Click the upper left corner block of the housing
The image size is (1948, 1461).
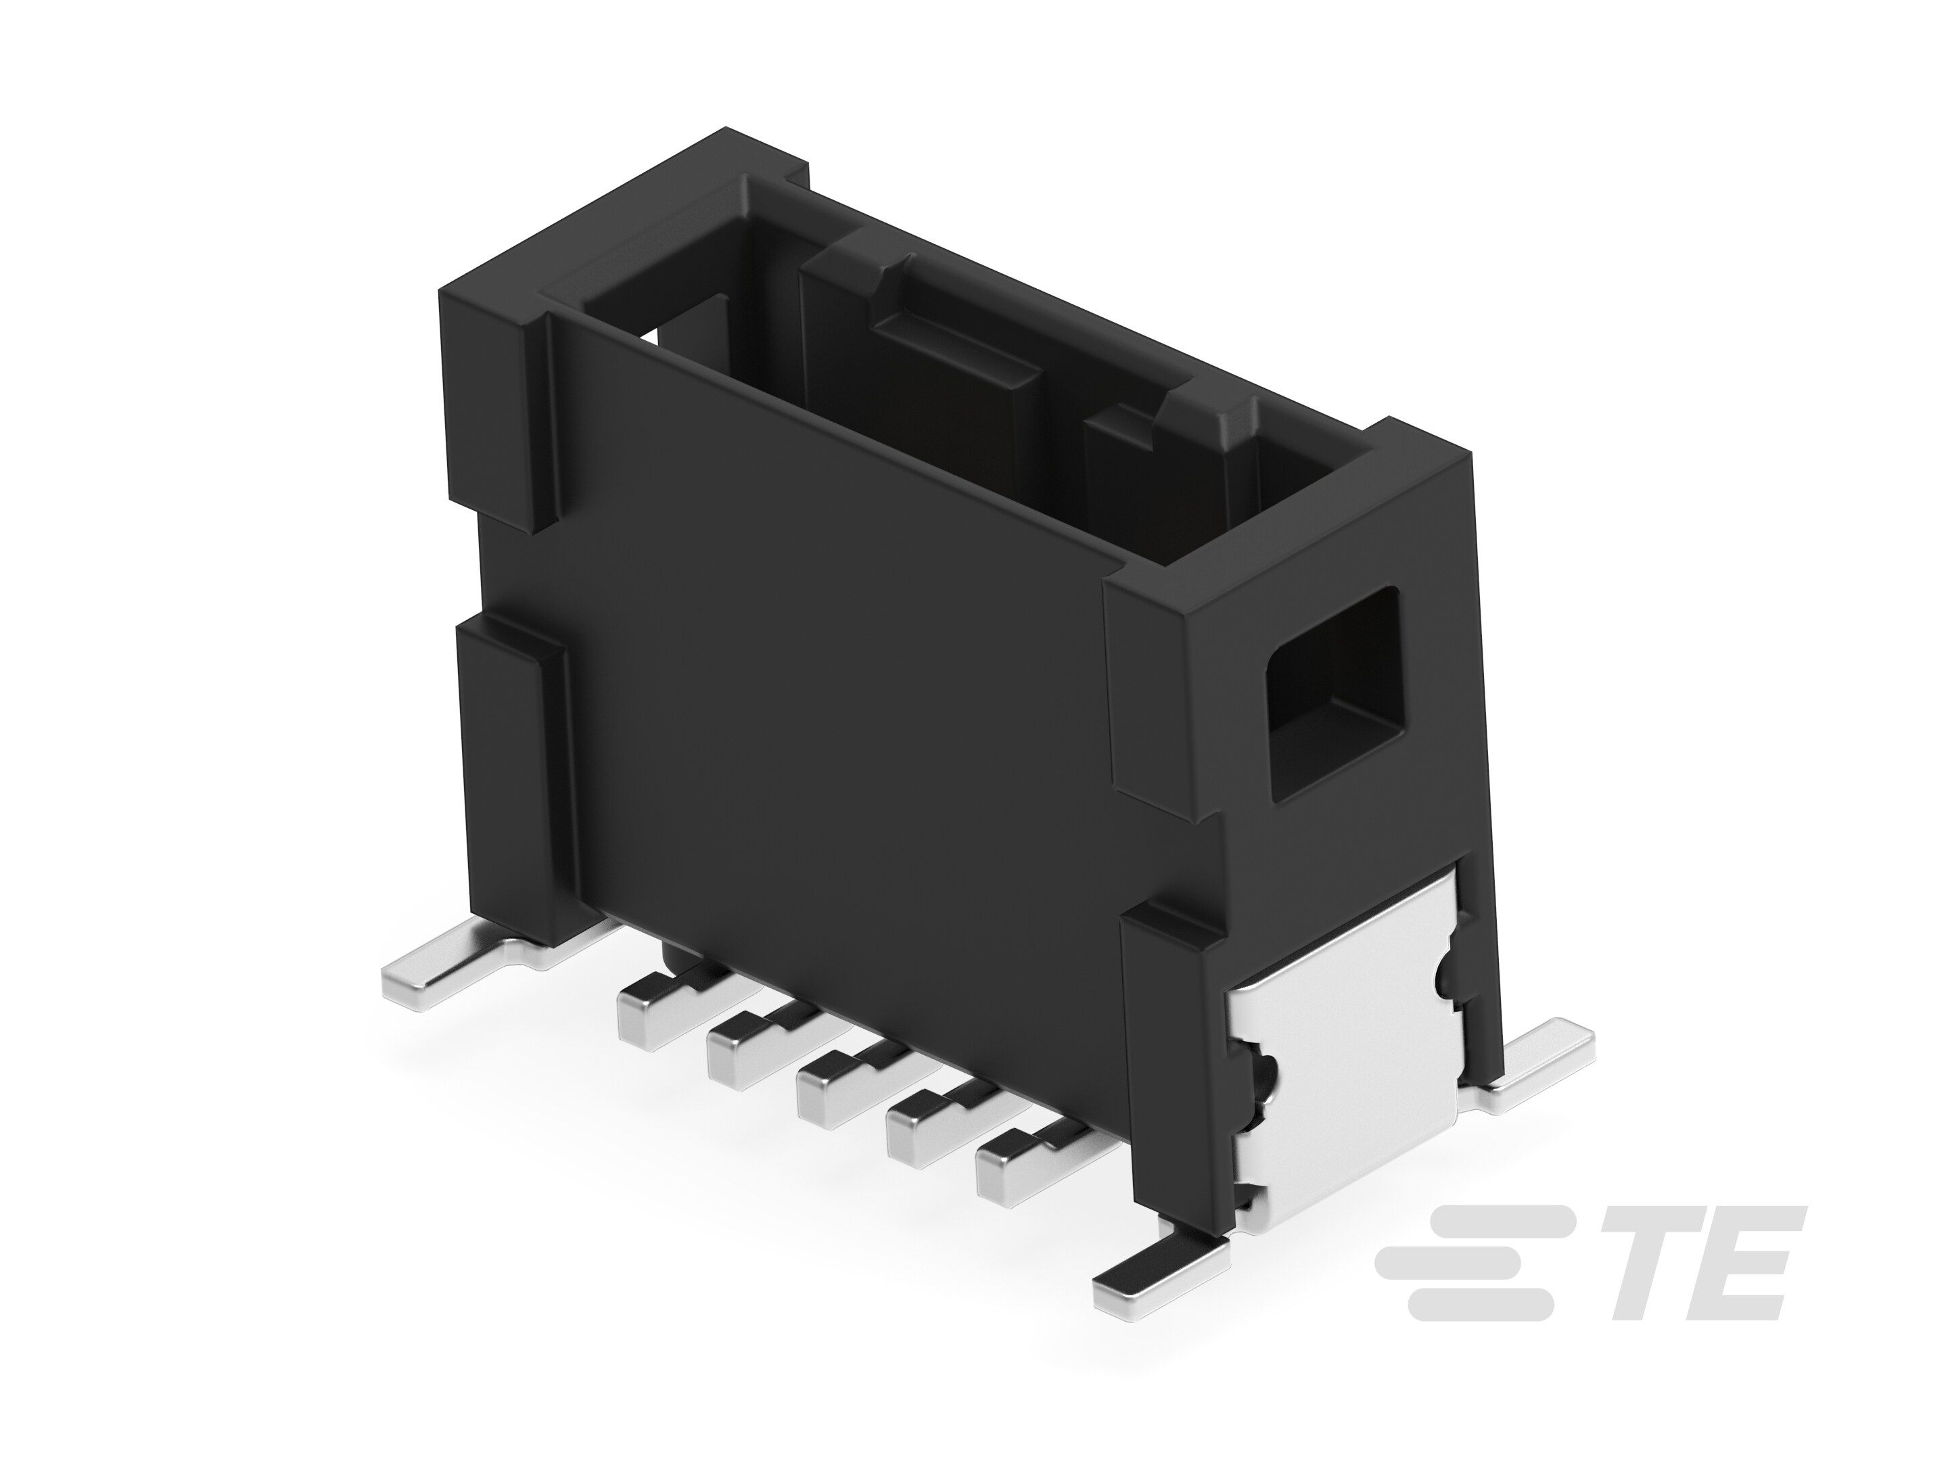pos(493,396)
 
